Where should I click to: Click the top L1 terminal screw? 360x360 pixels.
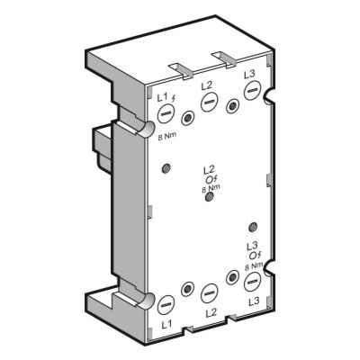pyautogui.click(x=166, y=113)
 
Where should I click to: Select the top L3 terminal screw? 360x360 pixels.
pyautogui.click(x=254, y=92)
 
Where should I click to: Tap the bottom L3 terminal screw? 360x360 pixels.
pyautogui.click(x=253, y=282)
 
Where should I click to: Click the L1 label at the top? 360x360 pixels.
pyautogui.click(x=162, y=96)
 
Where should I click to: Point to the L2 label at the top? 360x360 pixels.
pyautogui.click(x=207, y=85)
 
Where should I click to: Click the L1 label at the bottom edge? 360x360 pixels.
pyautogui.click(x=165, y=324)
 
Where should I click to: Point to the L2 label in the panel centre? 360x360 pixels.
pyautogui.click(x=209, y=169)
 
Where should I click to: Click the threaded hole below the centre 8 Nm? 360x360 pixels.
pyautogui.click(x=210, y=197)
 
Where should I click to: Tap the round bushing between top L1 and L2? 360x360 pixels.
pyautogui.click(x=187, y=118)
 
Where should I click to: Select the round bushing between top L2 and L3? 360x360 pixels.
pyautogui.click(x=232, y=107)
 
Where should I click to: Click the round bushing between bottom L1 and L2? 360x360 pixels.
pyautogui.click(x=187, y=289)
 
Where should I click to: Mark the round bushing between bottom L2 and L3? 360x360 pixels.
pyautogui.click(x=233, y=278)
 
